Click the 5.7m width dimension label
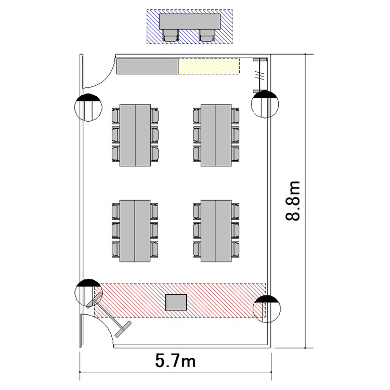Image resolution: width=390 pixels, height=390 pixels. pyautogui.click(x=176, y=360)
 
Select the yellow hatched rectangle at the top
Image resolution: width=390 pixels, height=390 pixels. pyautogui.click(x=209, y=66)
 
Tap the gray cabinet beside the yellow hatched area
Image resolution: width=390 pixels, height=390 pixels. pyautogui.click(x=147, y=66)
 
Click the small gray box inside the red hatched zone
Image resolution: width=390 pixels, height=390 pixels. pyautogui.click(x=176, y=302)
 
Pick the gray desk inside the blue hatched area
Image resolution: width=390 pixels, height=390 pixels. pyautogui.click(x=189, y=22)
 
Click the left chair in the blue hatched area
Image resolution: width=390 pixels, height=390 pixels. pyautogui.click(x=171, y=35)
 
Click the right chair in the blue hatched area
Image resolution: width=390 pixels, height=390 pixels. pyautogui.click(x=207, y=35)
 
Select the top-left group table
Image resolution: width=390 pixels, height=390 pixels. pyautogui.click(x=135, y=135)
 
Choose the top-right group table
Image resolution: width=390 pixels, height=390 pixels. pyautogui.click(x=216, y=135)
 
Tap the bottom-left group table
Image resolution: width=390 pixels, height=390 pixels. pyautogui.click(x=135, y=231)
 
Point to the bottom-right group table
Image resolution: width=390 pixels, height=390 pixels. pyautogui.click(x=216, y=231)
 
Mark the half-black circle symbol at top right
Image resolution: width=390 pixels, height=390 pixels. pyautogui.click(x=264, y=104)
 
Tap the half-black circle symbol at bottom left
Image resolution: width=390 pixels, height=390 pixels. pyautogui.click(x=87, y=292)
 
